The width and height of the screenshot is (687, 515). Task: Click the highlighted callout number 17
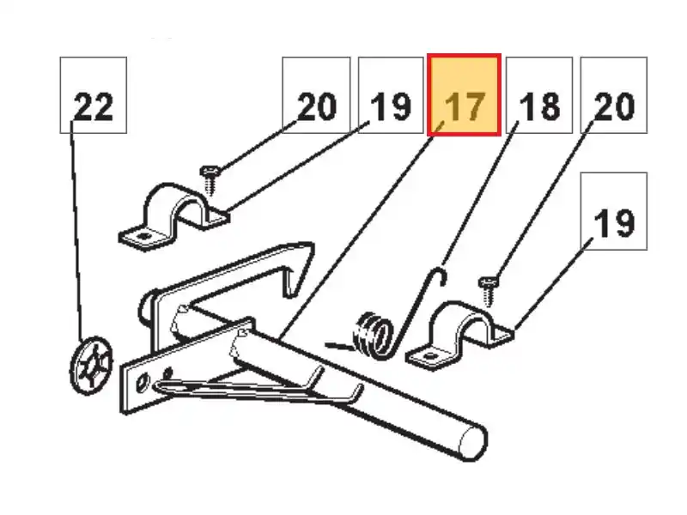[x=464, y=95]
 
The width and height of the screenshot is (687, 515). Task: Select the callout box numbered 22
[x=94, y=95]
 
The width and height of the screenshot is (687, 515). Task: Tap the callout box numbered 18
[x=539, y=95]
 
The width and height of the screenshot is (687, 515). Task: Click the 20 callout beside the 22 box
[x=316, y=95]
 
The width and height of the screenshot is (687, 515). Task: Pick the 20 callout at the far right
[x=614, y=95]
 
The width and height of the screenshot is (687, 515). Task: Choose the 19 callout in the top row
[x=391, y=95]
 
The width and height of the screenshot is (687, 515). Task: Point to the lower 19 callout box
[x=614, y=211]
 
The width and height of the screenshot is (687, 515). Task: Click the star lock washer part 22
[x=91, y=365]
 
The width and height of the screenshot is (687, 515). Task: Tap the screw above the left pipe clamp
[x=210, y=179]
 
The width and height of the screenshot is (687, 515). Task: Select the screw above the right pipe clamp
[x=488, y=291]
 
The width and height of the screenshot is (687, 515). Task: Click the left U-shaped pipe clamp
[x=174, y=217]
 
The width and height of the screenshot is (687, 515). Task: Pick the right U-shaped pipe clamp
[x=459, y=335]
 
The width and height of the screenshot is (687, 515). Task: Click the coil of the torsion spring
[x=373, y=336]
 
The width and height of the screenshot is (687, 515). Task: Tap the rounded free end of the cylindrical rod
[x=472, y=442]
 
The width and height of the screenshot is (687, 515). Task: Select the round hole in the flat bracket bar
[x=143, y=383]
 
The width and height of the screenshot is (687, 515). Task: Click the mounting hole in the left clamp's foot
[x=143, y=236]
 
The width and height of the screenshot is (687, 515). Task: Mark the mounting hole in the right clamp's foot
[x=429, y=355]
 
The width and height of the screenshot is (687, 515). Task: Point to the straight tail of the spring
[x=339, y=347]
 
